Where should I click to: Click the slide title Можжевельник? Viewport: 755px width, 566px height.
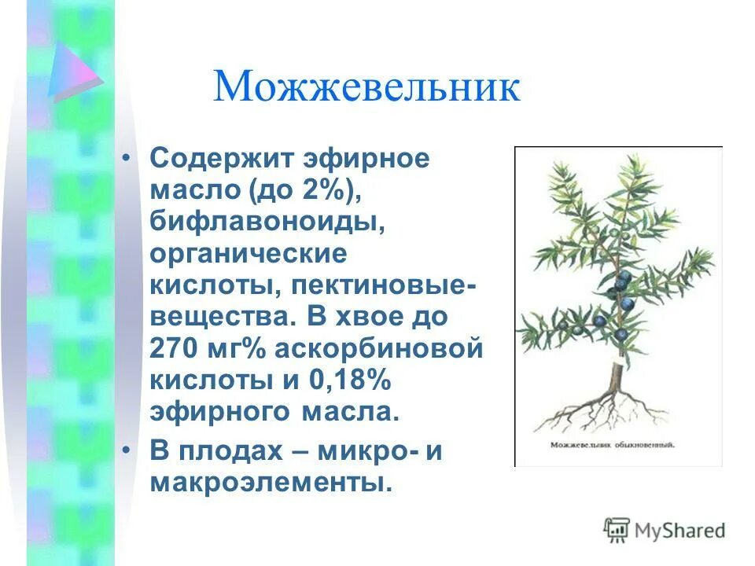pos(366,87)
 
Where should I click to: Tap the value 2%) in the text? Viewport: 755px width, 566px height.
pos(333,189)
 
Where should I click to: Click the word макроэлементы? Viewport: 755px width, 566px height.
pos(271,483)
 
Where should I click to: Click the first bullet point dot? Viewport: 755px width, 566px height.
pos(127,158)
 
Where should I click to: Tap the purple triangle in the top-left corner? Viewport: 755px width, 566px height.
pos(72,72)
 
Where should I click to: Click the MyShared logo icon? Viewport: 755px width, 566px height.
pos(617,531)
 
